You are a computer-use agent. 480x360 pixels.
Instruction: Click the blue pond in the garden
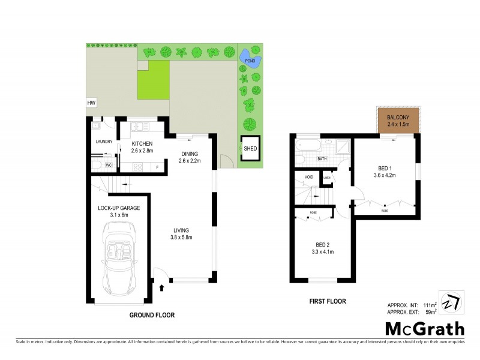tap(247, 58)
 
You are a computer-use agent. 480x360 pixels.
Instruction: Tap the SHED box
tap(249, 148)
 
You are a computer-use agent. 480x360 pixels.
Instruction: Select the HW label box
tap(92, 103)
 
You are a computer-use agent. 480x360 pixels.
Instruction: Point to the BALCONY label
tap(398, 117)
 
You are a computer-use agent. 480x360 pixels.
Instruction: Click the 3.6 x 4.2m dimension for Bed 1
tap(384, 175)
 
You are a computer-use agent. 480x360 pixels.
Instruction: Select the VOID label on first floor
tap(309, 178)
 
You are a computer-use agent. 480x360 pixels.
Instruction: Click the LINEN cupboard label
tap(327, 178)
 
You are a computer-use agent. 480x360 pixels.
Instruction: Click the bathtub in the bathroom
tap(308, 144)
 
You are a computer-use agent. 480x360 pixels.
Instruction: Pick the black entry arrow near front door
tap(161, 289)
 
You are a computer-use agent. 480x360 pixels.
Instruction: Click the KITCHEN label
tap(142, 144)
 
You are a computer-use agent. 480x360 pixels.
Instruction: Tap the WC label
tap(109, 164)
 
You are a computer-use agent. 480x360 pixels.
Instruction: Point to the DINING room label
tap(190, 154)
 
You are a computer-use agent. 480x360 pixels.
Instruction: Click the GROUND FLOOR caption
tap(152, 314)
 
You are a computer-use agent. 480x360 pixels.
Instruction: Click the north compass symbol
tap(452, 301)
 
